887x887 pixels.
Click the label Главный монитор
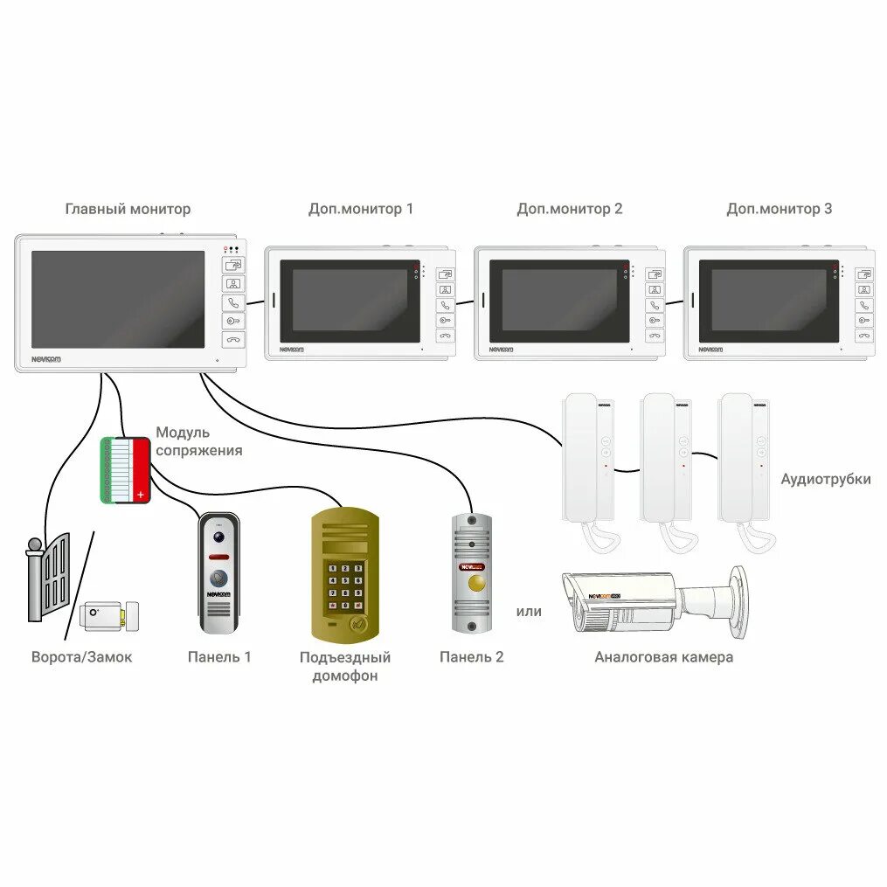click(x=128, y=209)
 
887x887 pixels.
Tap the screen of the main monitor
click(x=118, y=299)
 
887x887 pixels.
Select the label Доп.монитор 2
click(x=570, y=209)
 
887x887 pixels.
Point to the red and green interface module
click(x=125, y=470)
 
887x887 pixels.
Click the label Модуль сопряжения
click(x=199, y=441)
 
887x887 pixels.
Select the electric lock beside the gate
click(x=109, y=616)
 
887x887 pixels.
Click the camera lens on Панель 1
click(x=218, y=532)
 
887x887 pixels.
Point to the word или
click(x=529, y=612)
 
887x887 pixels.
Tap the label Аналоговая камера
click(x=663, y=657)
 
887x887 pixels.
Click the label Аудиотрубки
click(x=826, y=479)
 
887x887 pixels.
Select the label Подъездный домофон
click(x=345, y=666)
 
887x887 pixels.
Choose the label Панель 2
click(x=472, y=657)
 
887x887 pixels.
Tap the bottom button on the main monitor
click(x=233, y=340)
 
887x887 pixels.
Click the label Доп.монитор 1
click(x=361, y=209)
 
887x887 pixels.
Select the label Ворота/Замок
click(x=82, y=657)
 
